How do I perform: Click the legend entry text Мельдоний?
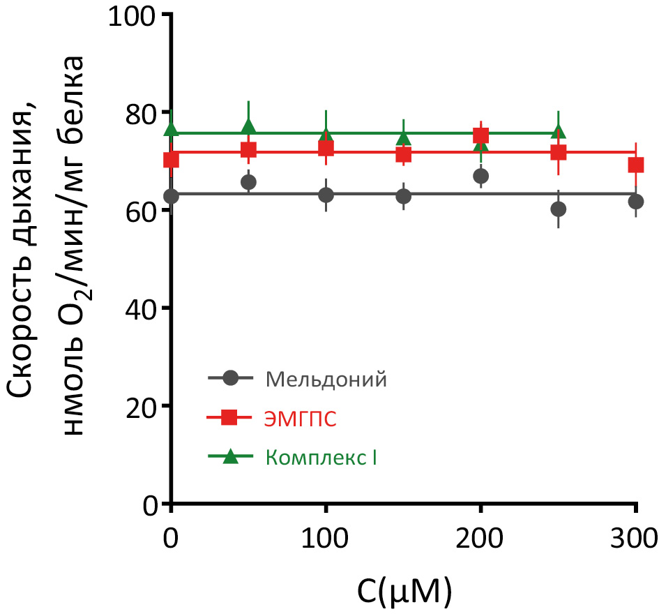coord(326,380)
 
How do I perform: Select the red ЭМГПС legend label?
coord(301,419)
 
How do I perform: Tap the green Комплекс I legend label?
coord(321,458)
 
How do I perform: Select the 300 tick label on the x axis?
coord(635,539)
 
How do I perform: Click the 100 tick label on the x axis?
coord(325,539)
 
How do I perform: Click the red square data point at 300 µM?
coord(635,165)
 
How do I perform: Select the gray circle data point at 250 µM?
coord(558,209)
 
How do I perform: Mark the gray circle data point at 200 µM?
coord(480,176)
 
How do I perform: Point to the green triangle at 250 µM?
coord(558,131)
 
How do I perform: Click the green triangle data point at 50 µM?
coord(249,126)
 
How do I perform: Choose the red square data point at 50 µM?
coord(249,149)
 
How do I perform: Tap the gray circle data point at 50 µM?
coord(248,182)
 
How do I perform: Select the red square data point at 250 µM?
coord(558,152)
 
